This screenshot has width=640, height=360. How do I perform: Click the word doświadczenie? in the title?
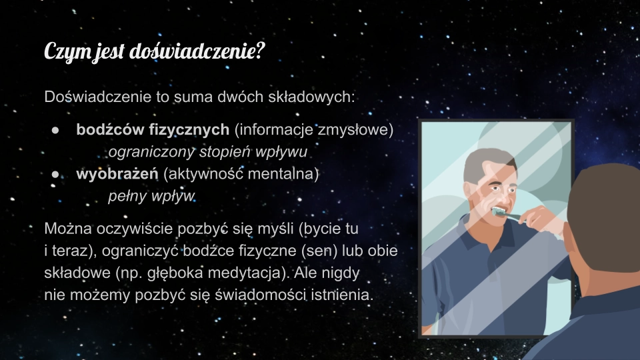(197, 52)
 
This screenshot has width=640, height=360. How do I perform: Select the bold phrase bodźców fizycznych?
(153, 130)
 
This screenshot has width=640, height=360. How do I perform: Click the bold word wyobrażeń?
(117, 174)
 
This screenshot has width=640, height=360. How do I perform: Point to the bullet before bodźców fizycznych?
(55, 130)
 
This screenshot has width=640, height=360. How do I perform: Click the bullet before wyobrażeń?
(55, 174)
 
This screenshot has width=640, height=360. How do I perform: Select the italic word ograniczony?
(151, 152)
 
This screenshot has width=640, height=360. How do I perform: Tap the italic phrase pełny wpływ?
(151, 196)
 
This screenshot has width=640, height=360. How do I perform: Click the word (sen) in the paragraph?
(319, 251)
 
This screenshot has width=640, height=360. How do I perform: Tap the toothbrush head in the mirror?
(499, 211)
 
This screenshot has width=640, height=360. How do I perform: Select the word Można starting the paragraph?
(68, 229)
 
